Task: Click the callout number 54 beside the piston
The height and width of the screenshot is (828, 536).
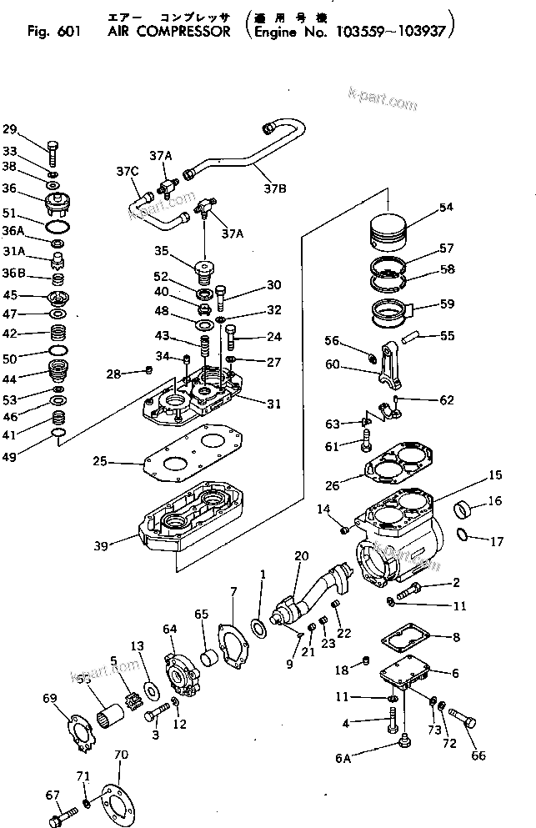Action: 446,207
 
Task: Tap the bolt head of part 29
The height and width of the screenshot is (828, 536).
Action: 54,148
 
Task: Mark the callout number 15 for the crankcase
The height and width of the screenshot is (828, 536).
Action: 495,474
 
